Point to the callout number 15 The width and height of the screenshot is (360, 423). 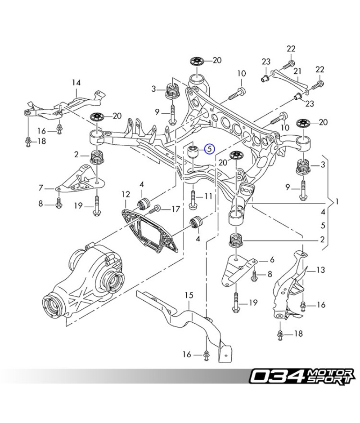pyautogui.click(x=189, y=295)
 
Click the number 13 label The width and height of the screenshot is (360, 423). pyautogui.click(x=320, y=270)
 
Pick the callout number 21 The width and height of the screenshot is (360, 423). pyautogui.click(x=297, y=71)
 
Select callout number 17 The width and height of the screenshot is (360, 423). pyautogui.click(x=175, y=209)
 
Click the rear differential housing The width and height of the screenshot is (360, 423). pyautogui.click(x=90, y=279)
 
